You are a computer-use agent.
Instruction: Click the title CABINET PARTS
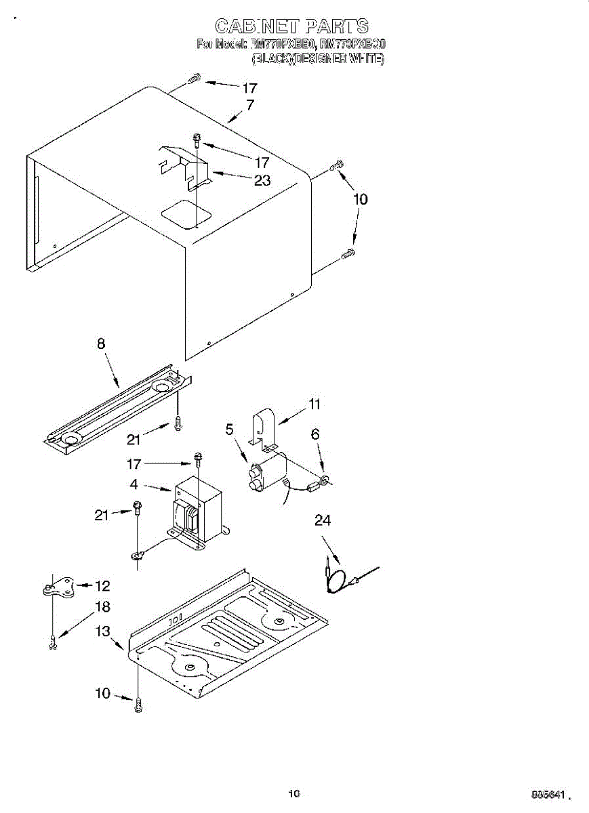coord(292,26)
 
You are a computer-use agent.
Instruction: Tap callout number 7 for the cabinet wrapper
coord(250,105)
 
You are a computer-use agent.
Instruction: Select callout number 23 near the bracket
coord(262,180)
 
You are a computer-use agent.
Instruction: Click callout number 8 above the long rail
coord(101,344)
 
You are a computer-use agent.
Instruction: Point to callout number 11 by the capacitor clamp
coord(314,404)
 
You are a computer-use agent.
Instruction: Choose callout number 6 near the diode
coord(314,435)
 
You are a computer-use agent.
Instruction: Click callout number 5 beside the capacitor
coord(230,429)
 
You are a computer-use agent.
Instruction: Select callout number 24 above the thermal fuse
coord(323,521)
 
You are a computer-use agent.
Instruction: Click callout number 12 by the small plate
coord(102,585)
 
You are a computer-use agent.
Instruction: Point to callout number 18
coord(102,606)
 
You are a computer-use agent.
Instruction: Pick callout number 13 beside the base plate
coord(102,631)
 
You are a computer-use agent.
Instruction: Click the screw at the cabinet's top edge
coord(192,79)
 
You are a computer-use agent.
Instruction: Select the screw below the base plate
coord(139,704)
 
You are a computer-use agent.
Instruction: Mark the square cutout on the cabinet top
coord(186,210)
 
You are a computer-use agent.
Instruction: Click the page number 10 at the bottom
coord(293,793)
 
